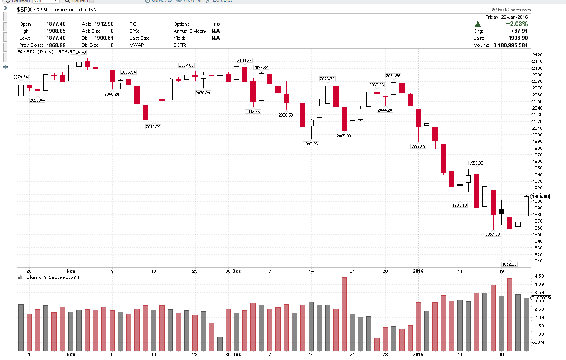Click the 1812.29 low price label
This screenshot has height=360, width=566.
[509, 264]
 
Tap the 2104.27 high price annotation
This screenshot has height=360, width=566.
[244, 60]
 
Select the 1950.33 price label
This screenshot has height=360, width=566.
[476, 163]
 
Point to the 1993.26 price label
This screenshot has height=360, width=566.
[311, 144]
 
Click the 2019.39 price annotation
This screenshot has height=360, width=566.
[153, 127]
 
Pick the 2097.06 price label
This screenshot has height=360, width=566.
[186, 65]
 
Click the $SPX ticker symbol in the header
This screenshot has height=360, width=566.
[24, 9]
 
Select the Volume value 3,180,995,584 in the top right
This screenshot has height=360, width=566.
[510, 45]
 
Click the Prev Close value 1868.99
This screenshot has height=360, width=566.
[56, 45]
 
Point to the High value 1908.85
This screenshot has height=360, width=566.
[56, 31]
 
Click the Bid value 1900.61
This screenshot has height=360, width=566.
[104, 38]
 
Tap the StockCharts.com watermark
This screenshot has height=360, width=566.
[511, 10]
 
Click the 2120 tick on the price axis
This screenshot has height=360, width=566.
[537, 55]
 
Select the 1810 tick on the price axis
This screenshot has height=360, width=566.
[537, 261]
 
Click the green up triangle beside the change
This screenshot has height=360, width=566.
[478, 24]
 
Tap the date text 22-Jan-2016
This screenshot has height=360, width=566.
[515, 17]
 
